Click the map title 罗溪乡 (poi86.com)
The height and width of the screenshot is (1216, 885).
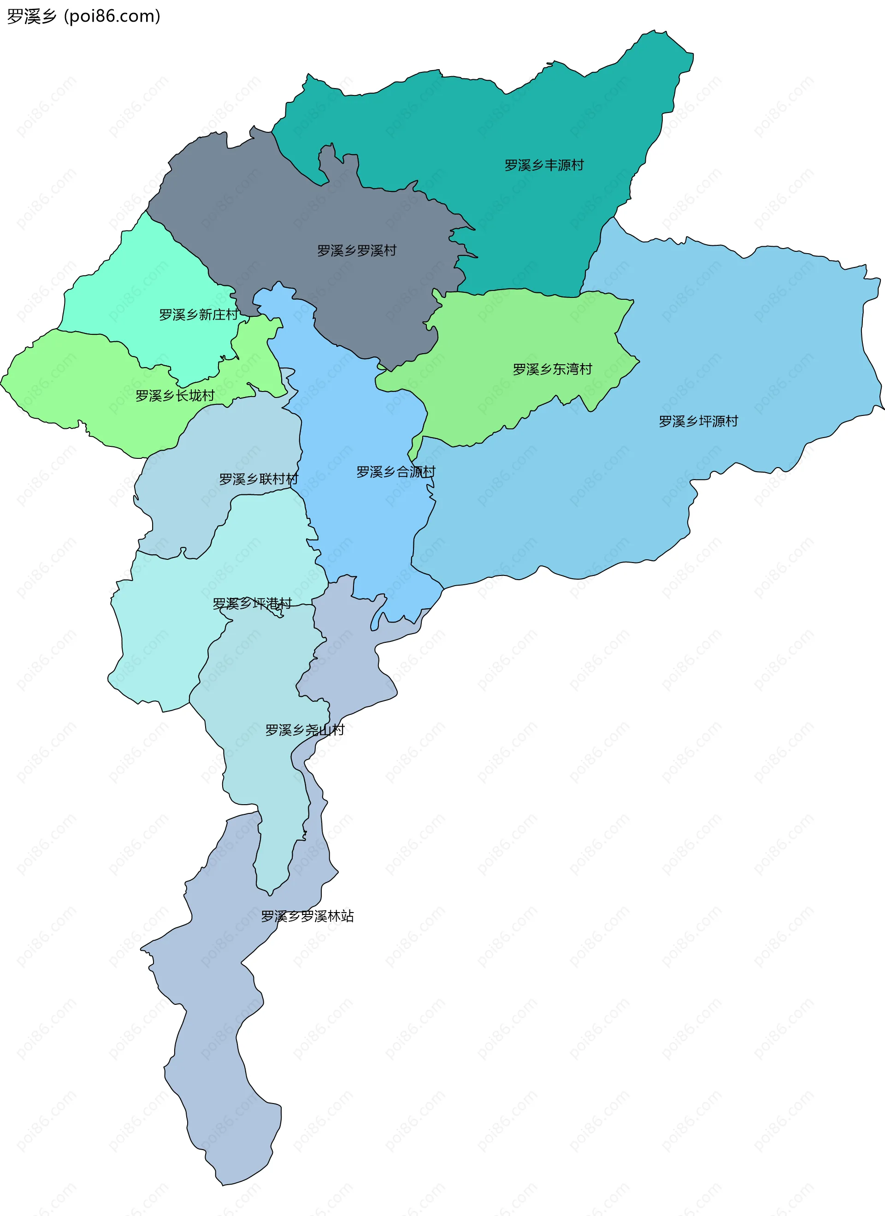(x=83, y=16)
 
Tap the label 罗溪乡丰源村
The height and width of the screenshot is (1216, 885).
(x=543, y=165)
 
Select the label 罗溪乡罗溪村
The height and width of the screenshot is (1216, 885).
(x=356, y=250)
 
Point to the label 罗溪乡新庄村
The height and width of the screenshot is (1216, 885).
(x=198, y=315)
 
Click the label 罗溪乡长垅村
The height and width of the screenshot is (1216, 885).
(x=175, y=396)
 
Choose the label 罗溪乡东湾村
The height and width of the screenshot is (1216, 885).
(x=552, y=369)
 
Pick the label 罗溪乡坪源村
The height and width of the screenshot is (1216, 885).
(x=698, y=421)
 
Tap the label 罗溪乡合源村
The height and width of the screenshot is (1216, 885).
(x=395, y=472)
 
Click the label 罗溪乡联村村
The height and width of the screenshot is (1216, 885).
(x=259, y=479)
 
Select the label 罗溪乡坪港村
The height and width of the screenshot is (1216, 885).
(x=252, y=604)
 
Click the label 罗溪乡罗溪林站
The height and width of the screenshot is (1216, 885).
(x=307, y=916)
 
